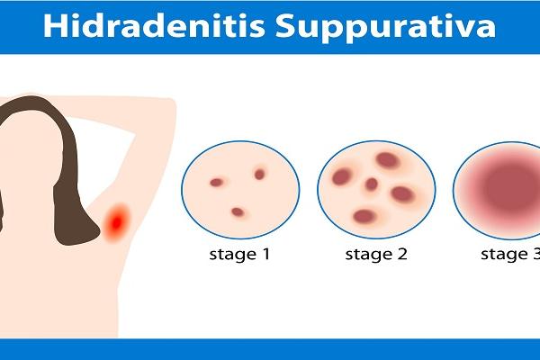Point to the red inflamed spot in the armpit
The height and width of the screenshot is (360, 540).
(x=117, y=220)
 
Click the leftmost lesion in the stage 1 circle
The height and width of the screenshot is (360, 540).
(x=217, y=183)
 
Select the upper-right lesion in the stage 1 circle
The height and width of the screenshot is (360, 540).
(x=260, y=174)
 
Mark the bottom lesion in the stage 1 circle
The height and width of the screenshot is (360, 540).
(x=238, y=212)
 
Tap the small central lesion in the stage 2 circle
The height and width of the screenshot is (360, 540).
(x=371, y=184)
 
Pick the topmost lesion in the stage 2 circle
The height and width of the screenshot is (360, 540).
(x=388, y=160)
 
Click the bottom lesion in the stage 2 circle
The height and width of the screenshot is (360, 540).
(x=364, y=216)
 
